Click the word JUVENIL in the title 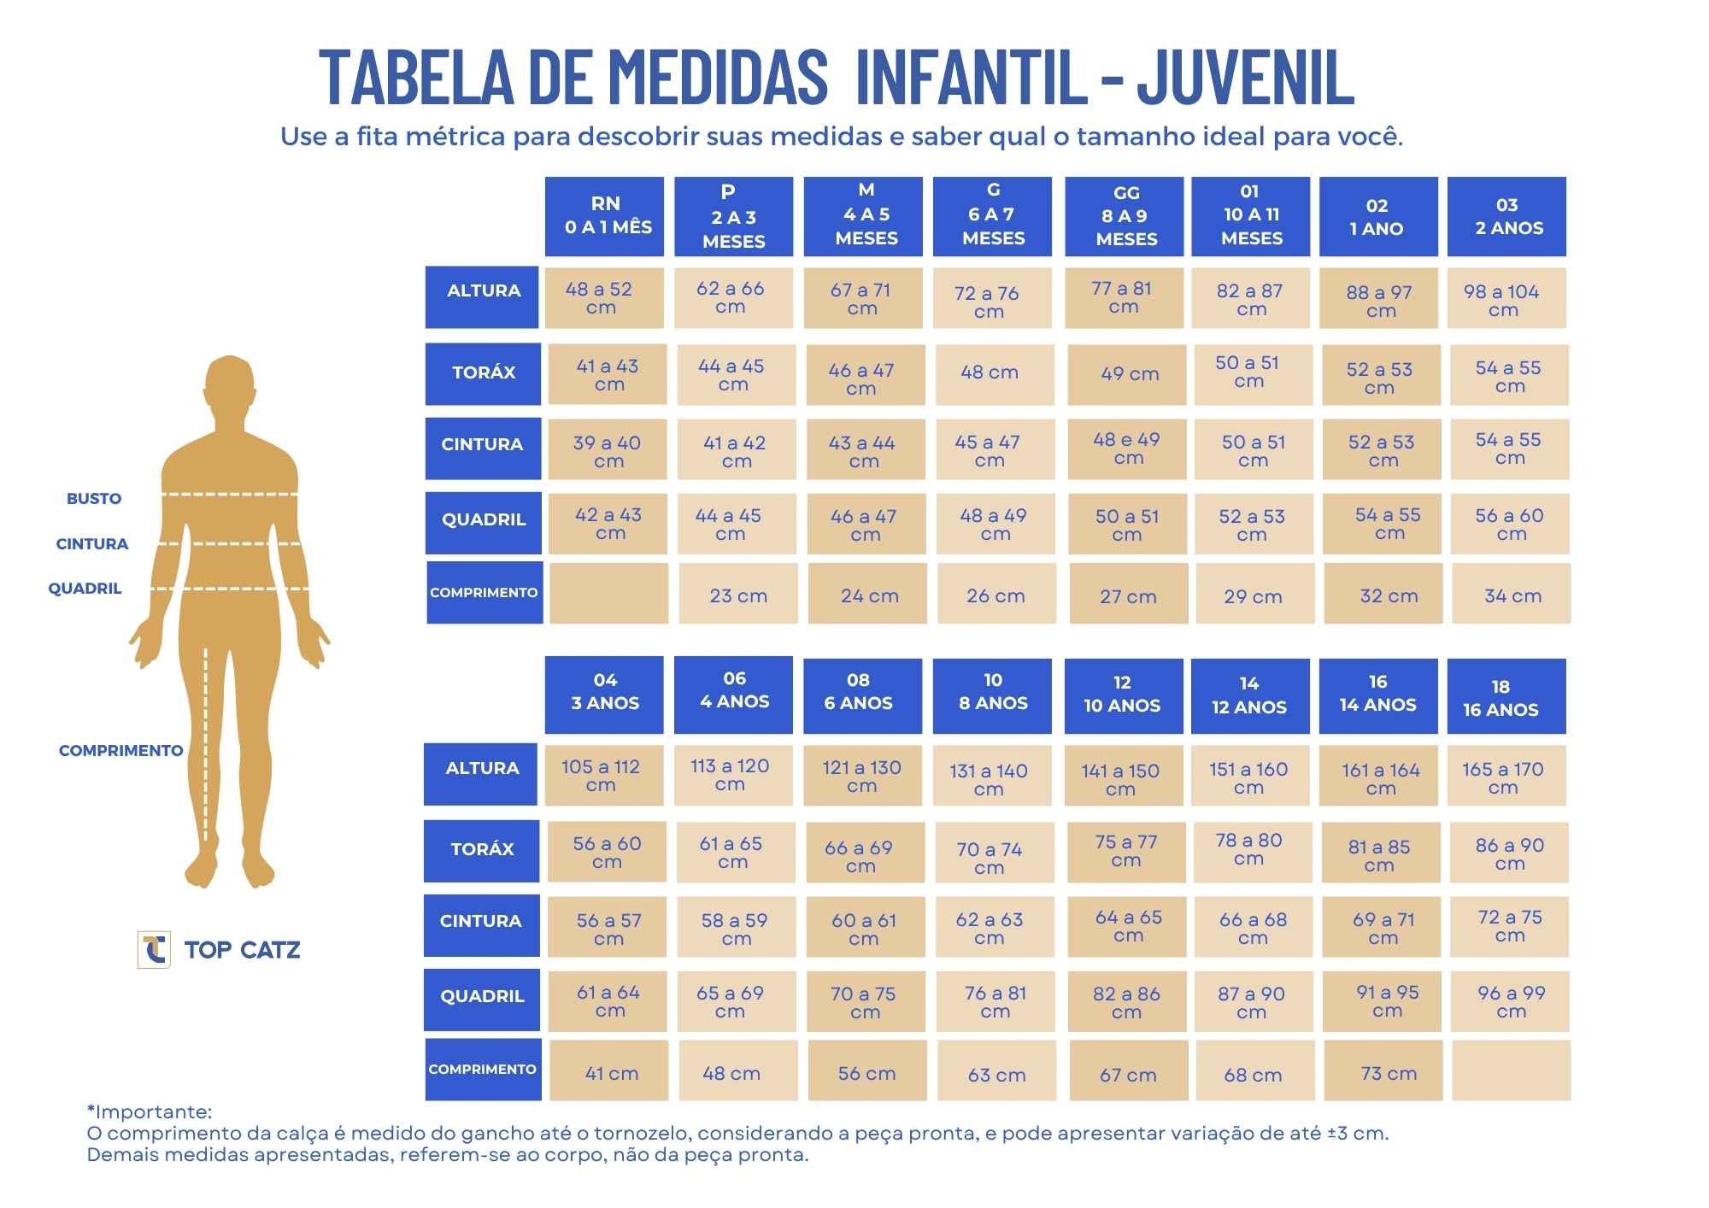click(x=1245, y=77)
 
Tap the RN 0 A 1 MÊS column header click(x=605, y=216)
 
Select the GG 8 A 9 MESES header click(x=1125, y=216)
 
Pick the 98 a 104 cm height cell click(x=1506, y=299)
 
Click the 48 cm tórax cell click(x=990, y=373)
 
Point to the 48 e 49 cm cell click(x=1126, y=448)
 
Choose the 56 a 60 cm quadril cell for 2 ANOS click(x=1509, y=524)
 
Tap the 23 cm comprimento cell click(x=738, y=595)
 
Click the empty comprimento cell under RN click(x=608, y=593)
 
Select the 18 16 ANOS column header click(x=1506, y=697)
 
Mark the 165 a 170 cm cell click(x=1506, y=776)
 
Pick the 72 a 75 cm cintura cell click(x=1509, y=925)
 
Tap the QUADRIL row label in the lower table click(x=482, y=997)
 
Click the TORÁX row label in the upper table click(x=484, y=373)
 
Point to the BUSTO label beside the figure click(x=94, y=499)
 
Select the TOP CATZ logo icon click(x=154, y=949)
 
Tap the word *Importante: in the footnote click(x=150, y=1111)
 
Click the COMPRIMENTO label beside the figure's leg click(x=120, y=750)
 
